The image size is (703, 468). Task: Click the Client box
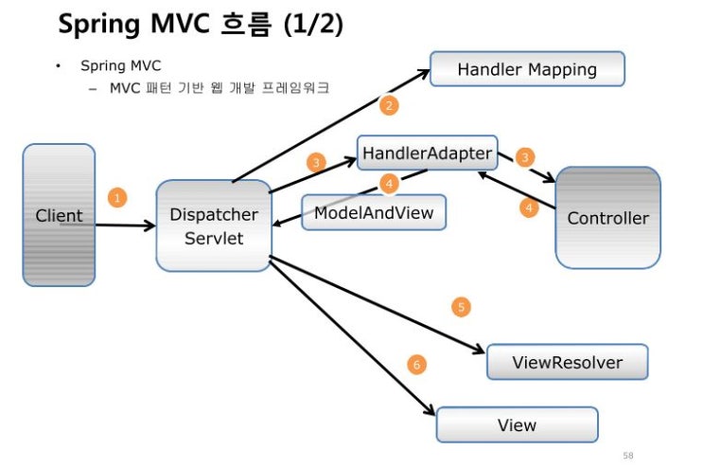pyautogui.click(x=59, y=215)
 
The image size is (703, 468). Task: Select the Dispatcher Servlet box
pyautogui.click(x=214, y=226)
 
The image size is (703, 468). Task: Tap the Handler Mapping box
pyautogui.click(x=527, y=69)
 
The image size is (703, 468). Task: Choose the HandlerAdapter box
pyautogui.click(x=428, y=152)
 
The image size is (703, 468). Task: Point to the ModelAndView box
pyautogui.click(x=374, y=212)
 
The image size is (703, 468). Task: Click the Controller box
pyautogui.click(x=607, y=218)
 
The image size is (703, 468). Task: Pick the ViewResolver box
pyautogui.click(x=567, y=363)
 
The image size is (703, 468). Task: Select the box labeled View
pyautogui.click(x=517, y=424)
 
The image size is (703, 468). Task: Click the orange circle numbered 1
pyautogui.click(x=116, y=198)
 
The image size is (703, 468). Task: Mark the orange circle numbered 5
pyautogui.click(x=461, y=307)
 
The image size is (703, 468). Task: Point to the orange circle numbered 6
pyautogui.click(x=414, y=364)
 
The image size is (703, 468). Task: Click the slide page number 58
pyautogui.click(x=628, y=456)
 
